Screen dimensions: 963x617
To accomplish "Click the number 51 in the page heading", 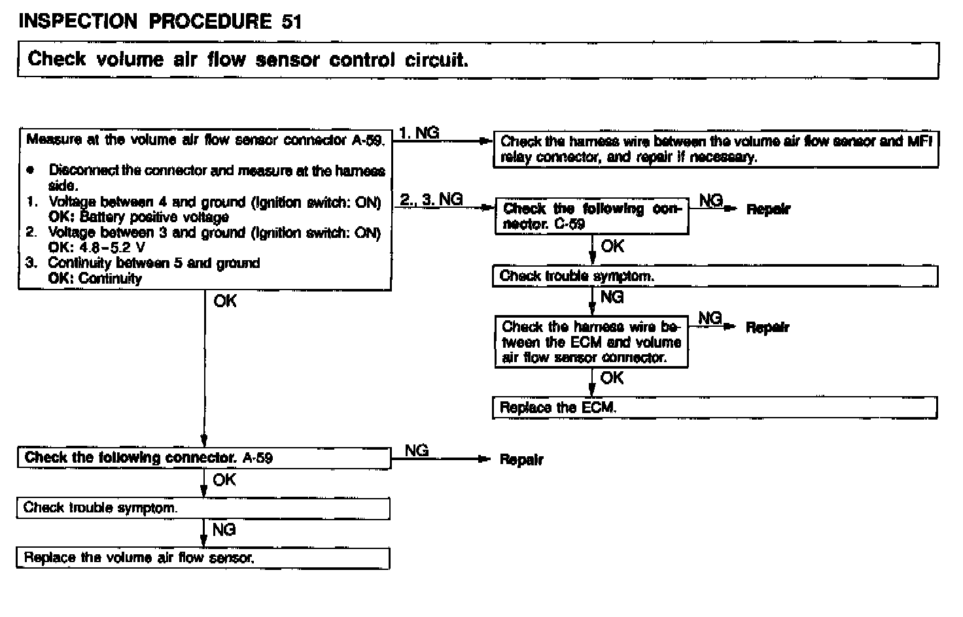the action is pyautogui.click(x=292, y=22).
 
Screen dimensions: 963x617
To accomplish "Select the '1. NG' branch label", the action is pyautogui.click(x=419, y=133).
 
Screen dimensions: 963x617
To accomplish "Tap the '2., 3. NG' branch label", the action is pyautogui.click(x=431, y=199).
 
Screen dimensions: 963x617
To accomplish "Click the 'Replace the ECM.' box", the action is pyautogui.click(x=714, y=407).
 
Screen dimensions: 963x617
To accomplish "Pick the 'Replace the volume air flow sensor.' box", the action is pyautogui.click(x=203, y=558).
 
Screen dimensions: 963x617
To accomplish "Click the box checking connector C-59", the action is pyautogui.click(x=591, y=216).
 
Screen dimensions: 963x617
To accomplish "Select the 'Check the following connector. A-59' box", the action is pyautogui.click(x=203, y=458).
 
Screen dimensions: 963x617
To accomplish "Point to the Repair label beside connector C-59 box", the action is pyautogui.click(x=768, y=209).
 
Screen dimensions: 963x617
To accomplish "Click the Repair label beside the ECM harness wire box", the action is pyautogui.click(x=767, y=327).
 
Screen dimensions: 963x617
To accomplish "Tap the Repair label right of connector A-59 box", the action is pyautogui.click(x=521, y=459).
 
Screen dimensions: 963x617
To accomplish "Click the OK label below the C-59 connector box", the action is pyautogui.click(x=612, y=246).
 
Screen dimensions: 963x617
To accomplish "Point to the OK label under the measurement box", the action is pyautogui.click(x=225, y=301).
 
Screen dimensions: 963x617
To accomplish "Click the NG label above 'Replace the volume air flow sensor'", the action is pyautogui.click(x=224, y=529).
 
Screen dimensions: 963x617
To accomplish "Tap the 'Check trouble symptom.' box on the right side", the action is pyautogui.click(x=714, y=276).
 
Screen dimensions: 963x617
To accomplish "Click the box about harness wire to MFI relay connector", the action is pyautogui.click(x=715, y=150).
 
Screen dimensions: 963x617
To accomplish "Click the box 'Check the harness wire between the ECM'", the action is pyautogui.click(x=591, y=342).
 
